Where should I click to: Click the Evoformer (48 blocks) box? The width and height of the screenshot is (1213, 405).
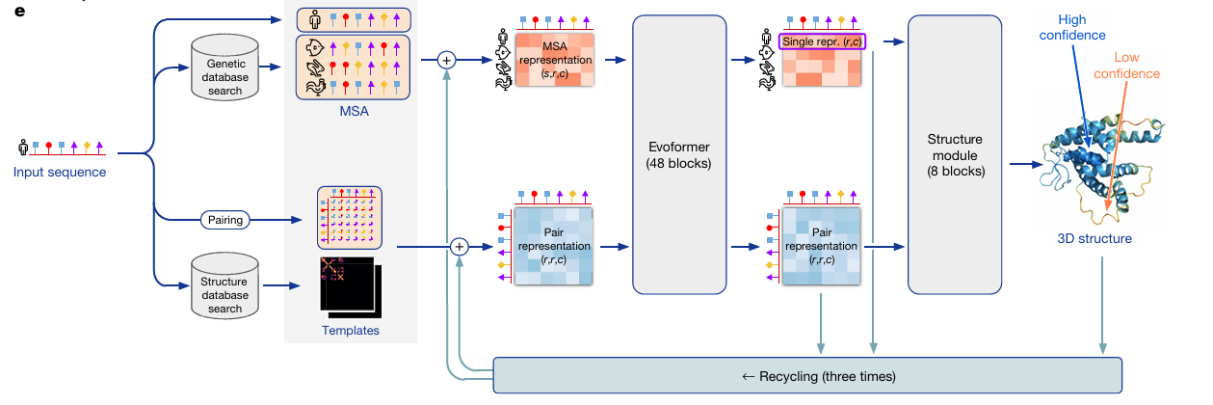tap(677, 154)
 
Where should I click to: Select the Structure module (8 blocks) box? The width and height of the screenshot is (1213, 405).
tap(953, 154)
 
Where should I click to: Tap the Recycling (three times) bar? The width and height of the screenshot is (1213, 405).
tap(807, 374)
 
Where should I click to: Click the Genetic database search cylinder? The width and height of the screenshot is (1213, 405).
tap(224, 67)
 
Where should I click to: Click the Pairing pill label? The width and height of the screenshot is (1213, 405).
tap(225, 220)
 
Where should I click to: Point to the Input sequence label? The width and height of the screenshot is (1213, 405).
tap(60, 173)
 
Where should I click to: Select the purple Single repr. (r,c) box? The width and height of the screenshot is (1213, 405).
tap(821, 41)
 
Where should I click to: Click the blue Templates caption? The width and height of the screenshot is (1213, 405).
tap(351, 331)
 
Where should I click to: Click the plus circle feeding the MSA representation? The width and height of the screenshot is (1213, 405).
tap(446, 59)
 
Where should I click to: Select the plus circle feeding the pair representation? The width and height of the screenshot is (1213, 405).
tap(460, 247)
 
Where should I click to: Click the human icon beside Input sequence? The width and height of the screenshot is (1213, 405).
tap(22, 148)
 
